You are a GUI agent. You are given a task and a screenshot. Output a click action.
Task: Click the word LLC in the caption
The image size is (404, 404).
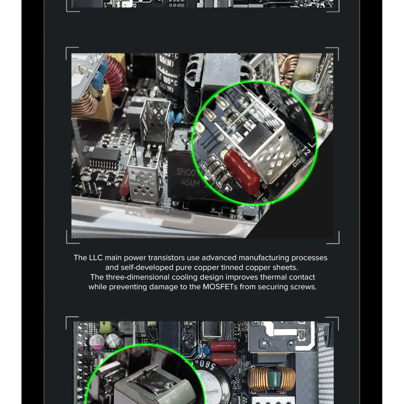click(x=96, y=258)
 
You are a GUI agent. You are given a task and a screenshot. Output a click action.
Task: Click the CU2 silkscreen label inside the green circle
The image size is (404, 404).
click(x=296, y=163)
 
